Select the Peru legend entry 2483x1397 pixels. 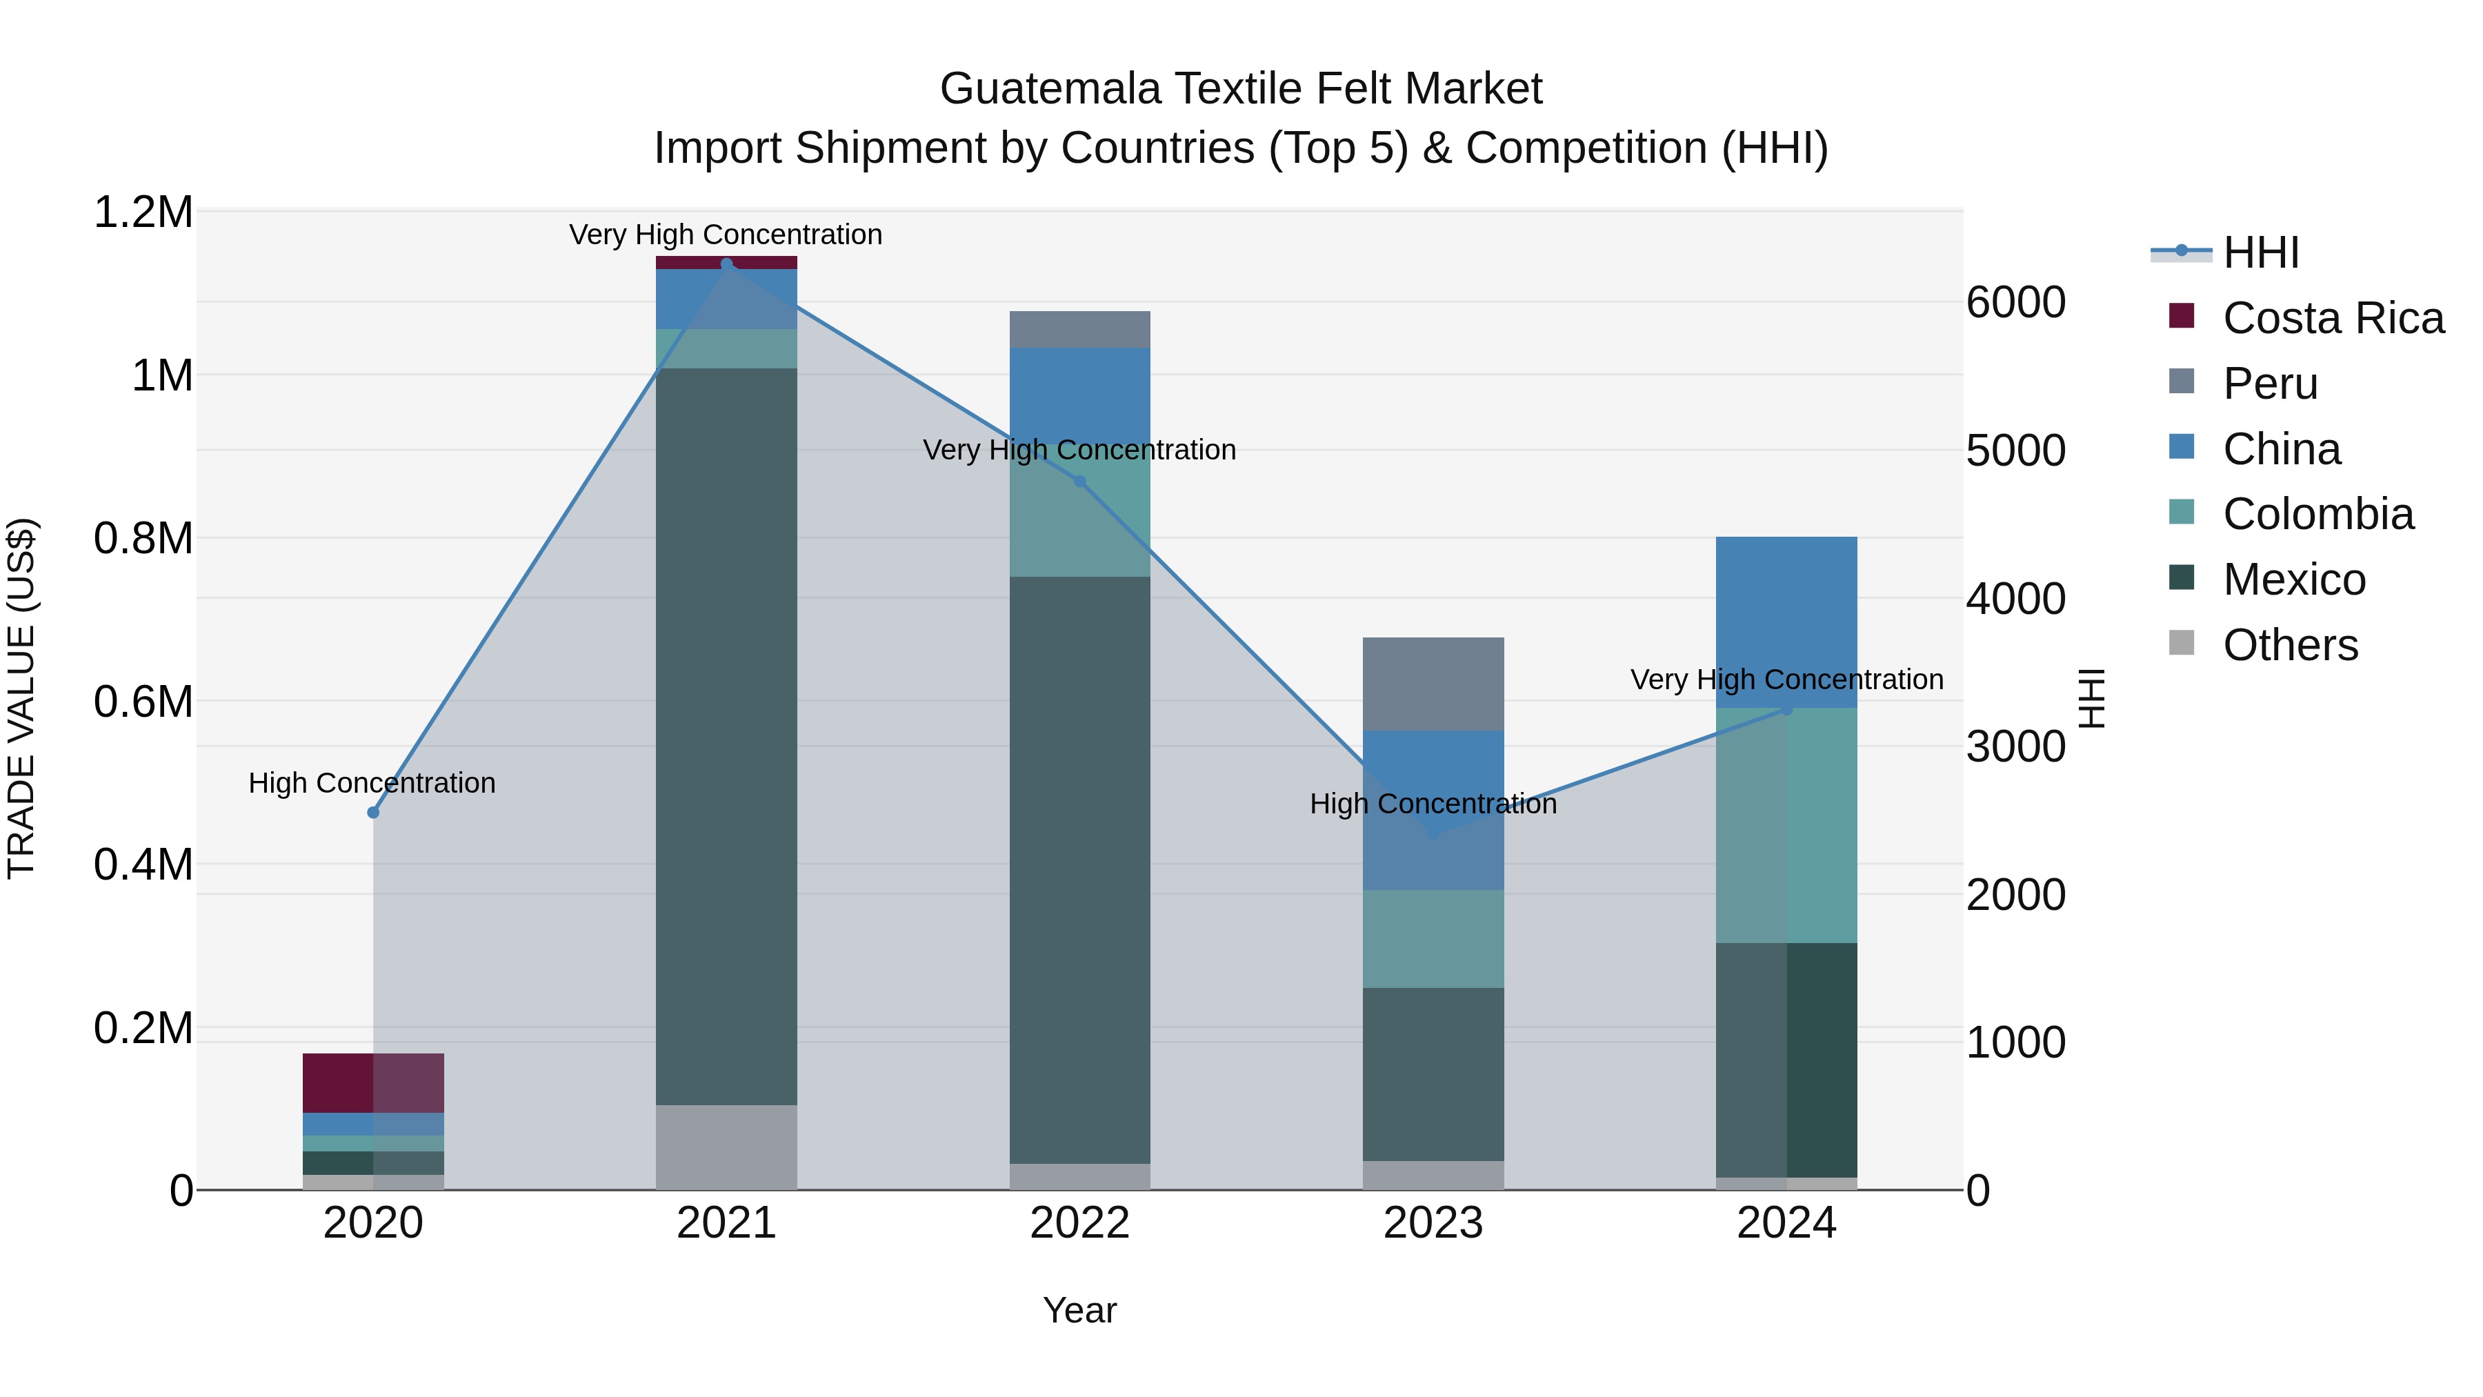pos(2269,384)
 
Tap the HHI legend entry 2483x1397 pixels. pos(2260,252)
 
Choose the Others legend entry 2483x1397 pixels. pos(2289,645)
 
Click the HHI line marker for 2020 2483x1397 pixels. pos(373,813)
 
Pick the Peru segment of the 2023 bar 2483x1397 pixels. pos(1433,684)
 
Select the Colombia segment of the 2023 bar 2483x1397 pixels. pos(1433,938)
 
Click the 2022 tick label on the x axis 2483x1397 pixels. pos(1079,1223)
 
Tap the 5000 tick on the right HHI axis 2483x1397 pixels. pos(2015,450)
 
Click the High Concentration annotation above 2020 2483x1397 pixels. pos(372,783)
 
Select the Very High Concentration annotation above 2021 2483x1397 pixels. pos(725,235)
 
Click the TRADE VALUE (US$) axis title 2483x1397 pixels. pos(21,698)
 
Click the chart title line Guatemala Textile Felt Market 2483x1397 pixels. pos(1241,89)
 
